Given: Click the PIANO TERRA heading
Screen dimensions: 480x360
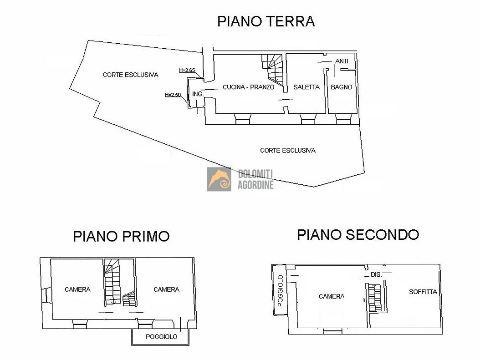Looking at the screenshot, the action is [x=266, y=21].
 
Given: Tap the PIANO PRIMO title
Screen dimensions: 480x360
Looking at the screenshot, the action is [x=121, y=236].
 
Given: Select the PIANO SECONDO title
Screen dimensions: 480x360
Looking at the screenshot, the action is [x=358, y=234].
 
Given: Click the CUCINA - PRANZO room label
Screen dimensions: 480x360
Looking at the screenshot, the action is [x=248, y=87].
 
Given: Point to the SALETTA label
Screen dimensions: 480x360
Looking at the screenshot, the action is [x=306, y=87].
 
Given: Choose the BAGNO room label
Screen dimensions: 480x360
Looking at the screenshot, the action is [x=341, y=87].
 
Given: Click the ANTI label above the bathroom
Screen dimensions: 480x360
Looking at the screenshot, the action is [x=342, y=61].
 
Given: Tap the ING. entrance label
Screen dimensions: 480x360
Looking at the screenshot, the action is [x=198, y=94].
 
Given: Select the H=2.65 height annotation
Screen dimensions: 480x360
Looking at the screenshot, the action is [x=187, y=70].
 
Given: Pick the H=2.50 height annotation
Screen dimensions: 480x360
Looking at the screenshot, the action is [x=173, y=95].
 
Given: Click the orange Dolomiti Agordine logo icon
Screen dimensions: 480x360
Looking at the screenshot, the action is [x=219, y=179].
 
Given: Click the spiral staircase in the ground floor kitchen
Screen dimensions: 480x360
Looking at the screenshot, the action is [x=272, y=70].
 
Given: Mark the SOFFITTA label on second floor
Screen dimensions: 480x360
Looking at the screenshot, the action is [x=423, y=292].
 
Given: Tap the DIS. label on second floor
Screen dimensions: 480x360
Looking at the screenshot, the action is [x=376, y=274].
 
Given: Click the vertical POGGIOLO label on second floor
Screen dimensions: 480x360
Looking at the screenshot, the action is [x=280, y=290].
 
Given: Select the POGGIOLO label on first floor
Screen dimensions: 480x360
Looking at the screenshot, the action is [x=161, y=337].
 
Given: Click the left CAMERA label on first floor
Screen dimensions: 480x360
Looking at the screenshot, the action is [x=77, y=289].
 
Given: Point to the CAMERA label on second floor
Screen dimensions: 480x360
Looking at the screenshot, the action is [x=332, y=296].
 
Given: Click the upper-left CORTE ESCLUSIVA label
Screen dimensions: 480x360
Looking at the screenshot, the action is [x=130, y=75].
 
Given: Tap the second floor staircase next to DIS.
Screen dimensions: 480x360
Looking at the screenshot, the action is [x=375, y=298].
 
